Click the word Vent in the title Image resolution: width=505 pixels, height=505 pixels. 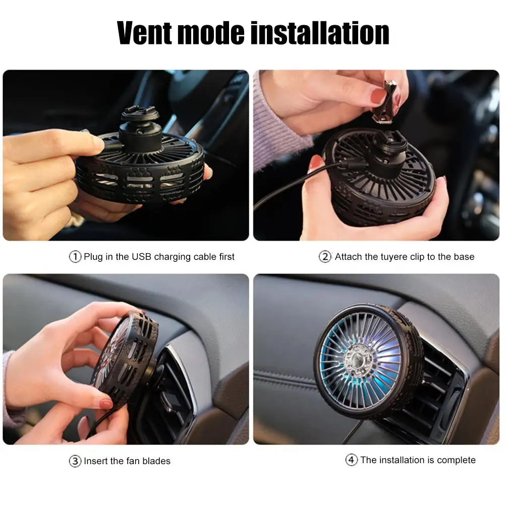(x=145, y=32)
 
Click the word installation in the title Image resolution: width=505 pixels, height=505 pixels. (x=320, y=32)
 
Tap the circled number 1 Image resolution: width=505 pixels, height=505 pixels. (x=75, y=257)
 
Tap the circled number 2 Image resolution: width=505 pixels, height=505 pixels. (x=325, y=257)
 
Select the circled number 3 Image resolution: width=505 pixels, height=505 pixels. (x=75, y=461)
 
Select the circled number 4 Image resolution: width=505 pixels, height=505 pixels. (x=351, y=460)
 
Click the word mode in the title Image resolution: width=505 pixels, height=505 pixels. (x=211, y=32)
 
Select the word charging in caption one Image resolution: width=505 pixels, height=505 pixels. (x=173, y=257)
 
